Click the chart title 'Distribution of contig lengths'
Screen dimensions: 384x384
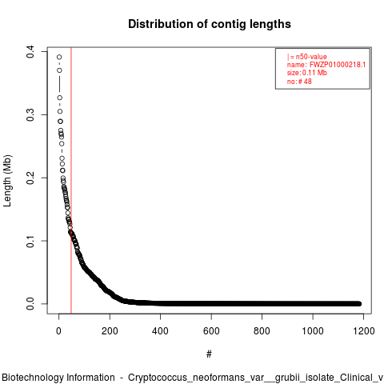coord(210,24)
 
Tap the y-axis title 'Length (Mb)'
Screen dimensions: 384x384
coord(8,181)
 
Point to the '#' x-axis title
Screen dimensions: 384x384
coord(209,354)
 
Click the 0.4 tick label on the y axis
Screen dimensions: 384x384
coord(30,51)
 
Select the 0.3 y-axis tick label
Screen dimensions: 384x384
coord(30,114)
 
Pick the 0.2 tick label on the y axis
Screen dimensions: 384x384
coord(30,178)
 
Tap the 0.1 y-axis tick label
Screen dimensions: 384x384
coord(30,241)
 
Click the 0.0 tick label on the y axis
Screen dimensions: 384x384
coord(30,304)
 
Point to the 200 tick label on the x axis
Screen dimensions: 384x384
coord(110,331)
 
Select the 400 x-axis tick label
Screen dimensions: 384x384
coord(160,331)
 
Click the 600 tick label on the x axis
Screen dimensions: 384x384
coord(211,331)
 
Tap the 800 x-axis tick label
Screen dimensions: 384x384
coord(262,331)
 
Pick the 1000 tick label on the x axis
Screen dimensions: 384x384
coord(313,331)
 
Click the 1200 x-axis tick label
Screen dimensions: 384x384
coord(363,331)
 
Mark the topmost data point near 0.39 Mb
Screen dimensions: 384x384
coord(59,57)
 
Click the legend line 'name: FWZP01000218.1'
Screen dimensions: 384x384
coord(326,65)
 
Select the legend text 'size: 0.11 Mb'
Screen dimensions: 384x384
coord(307,73)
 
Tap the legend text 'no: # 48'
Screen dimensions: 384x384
coord(299,81)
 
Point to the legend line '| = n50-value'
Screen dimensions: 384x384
coord(307,57)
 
